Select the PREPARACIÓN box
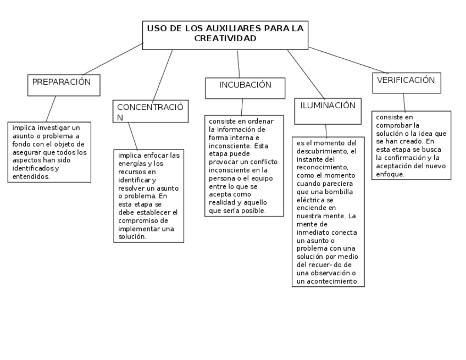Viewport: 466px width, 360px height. pos(64,85)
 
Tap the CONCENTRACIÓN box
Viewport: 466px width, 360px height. pos(150,112)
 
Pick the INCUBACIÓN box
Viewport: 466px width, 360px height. pos(245,87)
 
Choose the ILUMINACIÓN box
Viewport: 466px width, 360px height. pos(328,110)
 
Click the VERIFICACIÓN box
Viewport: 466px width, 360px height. pos(406,82)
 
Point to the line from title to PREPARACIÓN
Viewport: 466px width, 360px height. pos(113,59)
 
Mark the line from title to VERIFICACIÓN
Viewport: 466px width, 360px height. pos(348,60)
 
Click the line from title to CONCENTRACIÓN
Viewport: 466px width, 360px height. pos(163,75)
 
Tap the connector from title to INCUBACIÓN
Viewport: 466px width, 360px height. pos(238,64)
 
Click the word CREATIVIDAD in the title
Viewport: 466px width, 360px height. pos(225,39)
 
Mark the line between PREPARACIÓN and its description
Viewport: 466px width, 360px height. pos(51,109)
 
